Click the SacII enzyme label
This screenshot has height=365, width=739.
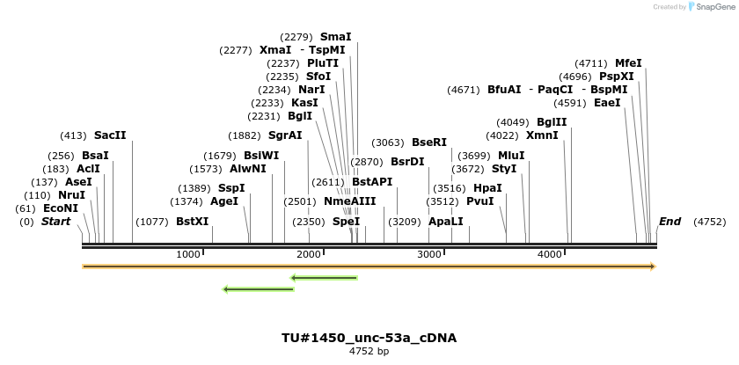point(110,135)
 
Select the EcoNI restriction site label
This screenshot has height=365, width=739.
point(64,208)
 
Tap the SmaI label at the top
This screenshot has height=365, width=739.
point(335,37)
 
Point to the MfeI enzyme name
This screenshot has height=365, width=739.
point(628,63)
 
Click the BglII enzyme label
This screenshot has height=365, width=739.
point(552,122)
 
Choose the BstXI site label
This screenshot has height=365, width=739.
point(192,222)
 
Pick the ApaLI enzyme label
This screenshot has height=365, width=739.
point(445,222)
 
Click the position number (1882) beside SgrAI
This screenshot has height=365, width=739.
point(244,135)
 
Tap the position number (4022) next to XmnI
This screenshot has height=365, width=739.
point(502,135)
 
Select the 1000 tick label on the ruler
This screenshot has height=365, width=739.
point(188,254)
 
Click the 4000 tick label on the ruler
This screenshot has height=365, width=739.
point(549,254)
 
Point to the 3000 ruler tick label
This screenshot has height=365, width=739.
point(428,254)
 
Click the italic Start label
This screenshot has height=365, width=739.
point(55,222)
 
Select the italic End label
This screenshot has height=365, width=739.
point(669,222)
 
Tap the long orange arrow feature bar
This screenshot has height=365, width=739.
point(369,266)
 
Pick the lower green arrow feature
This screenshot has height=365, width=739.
point(258,288)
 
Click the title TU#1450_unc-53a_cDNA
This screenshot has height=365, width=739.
point(369,338)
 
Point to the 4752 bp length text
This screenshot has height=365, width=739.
point(369,351)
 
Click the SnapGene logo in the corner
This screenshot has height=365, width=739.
point(708,7)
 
